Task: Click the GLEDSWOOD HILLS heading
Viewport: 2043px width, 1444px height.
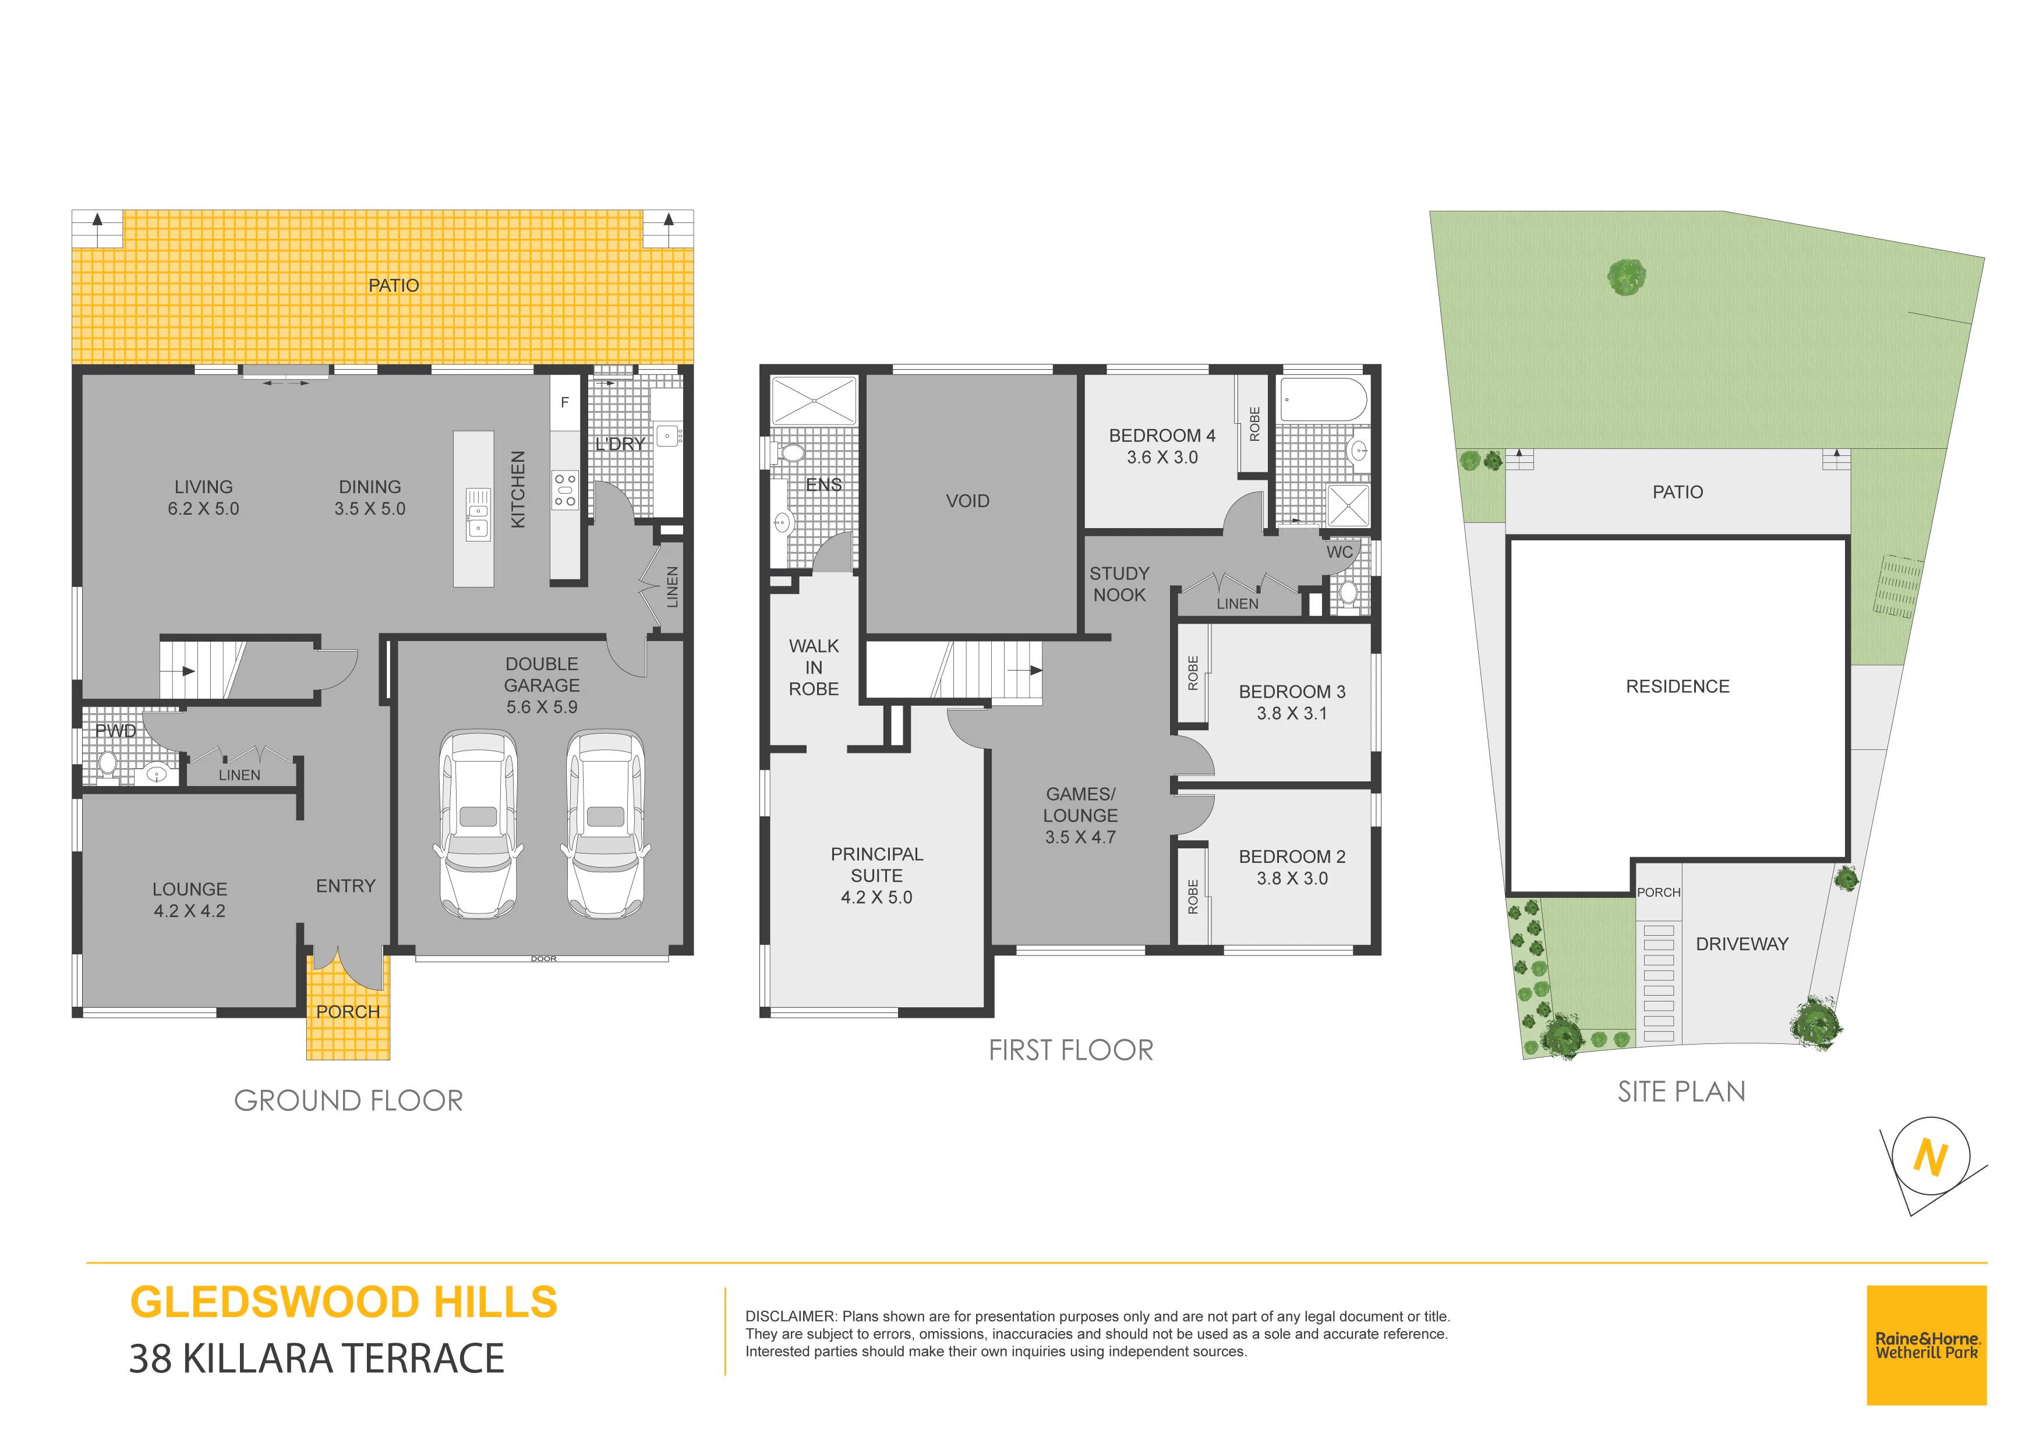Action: pyautogui.click(x=344, y=1303)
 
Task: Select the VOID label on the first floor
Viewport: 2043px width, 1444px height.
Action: pyautogui.click(x=967, y=501)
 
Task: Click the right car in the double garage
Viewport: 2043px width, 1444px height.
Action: pyautogui.click(x=605, y=824)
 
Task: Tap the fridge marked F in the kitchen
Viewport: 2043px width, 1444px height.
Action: pyautogui.click(x=564, y=403)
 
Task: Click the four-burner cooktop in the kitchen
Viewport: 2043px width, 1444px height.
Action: pyautogui.click(x=565, y=490)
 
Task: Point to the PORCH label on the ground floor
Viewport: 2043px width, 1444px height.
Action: pyautogui.click(x=348, y=1011)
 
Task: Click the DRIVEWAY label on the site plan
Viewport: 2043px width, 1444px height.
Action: pyautogui.click(x=1741, y=944)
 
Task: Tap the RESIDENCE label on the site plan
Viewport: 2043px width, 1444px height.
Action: pyautogui.click(x=1677, y=686)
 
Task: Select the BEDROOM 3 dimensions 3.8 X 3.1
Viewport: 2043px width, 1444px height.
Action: pyautogui.click(x=1292, y=713)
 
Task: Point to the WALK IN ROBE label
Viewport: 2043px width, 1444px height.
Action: pyautogui.click(x=813, y=667)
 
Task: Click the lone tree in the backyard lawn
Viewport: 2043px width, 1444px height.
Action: pyautogui.click(x=1627, y=277)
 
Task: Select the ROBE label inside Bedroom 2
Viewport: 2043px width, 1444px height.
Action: pyautogui.click(x=1193, y=897)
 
